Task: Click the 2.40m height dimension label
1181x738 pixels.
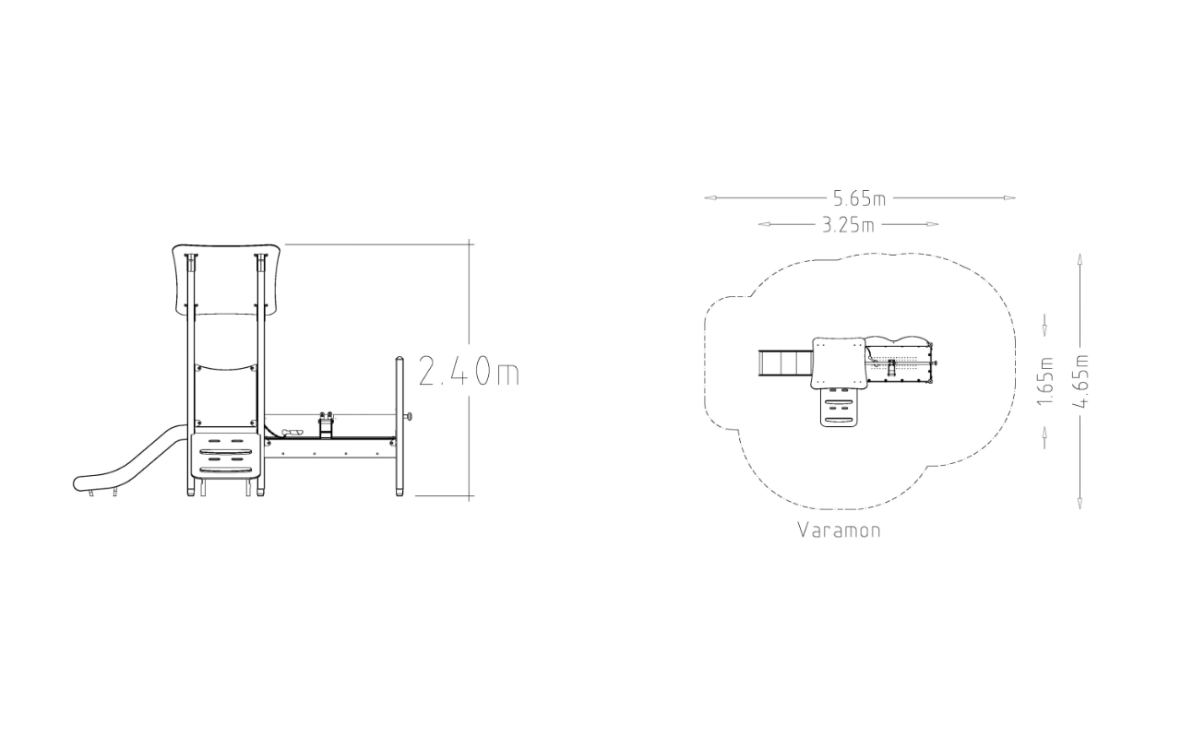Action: pos(469,371)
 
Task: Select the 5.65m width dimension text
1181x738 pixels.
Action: pos(859,198)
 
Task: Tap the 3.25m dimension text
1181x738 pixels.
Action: pos(848,225)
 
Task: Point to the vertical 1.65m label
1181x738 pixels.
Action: pos(1045,381)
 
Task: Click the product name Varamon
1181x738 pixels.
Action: pos(840,530)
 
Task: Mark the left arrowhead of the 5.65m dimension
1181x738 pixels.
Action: pos(710,198)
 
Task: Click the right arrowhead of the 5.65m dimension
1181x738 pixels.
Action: pos(1009,198)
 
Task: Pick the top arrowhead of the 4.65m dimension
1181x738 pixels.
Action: pos(1080,260)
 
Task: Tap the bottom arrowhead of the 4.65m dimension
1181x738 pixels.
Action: pos(1080,503)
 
